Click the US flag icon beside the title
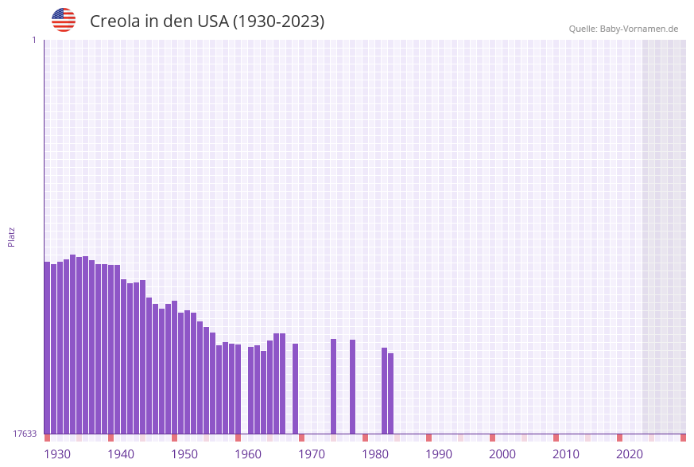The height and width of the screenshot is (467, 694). [x=64, y=20]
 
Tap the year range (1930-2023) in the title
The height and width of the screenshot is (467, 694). [x=278, y=21]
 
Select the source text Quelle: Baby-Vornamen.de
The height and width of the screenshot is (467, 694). [x=623, y=29]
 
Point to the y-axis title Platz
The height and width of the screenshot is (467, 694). [x=12, y=236]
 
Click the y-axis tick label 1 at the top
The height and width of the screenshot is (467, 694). [x=33, y=40]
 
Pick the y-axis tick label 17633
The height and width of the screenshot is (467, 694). [x=25, y=434]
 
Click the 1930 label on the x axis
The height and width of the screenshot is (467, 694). [x=57, y=454]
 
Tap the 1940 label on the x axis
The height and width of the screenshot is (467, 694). [x=121, y=454]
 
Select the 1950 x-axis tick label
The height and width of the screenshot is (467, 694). [x=184, y=454]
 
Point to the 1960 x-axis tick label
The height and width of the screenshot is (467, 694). [x=248, y=454]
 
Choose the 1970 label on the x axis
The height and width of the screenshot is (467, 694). [x=312, y=454]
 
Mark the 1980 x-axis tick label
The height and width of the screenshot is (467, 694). [x=375, y=454]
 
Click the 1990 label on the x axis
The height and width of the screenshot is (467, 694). [x=439, y=454]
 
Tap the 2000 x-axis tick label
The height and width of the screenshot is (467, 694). [x=502, y=454]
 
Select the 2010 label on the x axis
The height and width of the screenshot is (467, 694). [x=566, y=454]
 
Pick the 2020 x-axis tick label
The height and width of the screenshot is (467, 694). [x=630, y=454]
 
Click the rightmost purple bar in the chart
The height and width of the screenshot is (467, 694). [x=391, y=393]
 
